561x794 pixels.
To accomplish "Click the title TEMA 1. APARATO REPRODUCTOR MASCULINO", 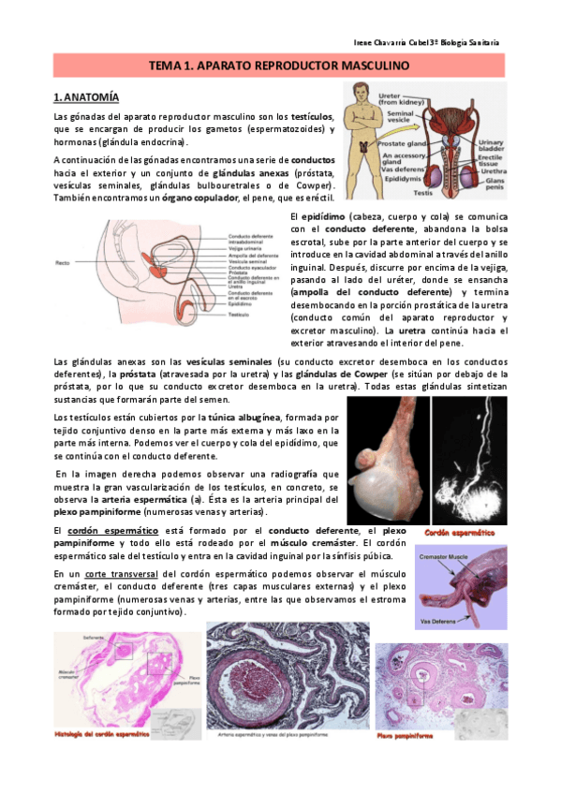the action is coord(279,66).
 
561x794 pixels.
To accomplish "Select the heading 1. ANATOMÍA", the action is coord(86,96).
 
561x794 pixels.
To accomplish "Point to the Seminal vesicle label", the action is coord(393,117).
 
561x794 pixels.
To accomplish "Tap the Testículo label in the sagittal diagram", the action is coord(237,314).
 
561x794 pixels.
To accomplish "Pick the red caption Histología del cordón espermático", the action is coord(103,732).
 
